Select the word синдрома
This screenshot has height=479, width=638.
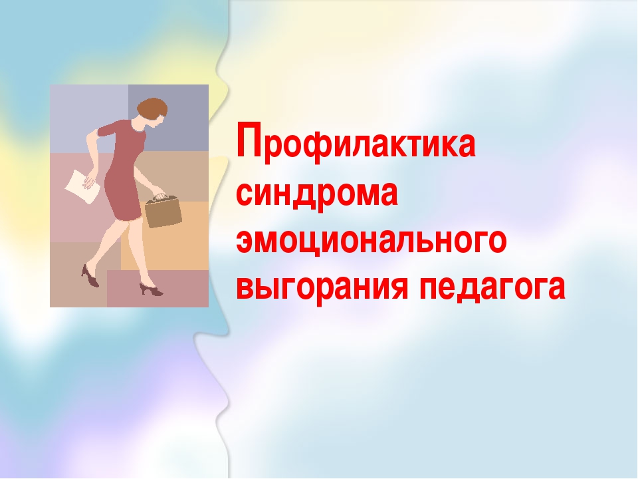click(x=317, y=194)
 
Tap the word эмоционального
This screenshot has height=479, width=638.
click(x=372, y=240)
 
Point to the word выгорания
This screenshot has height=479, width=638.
click(x=322, y=287)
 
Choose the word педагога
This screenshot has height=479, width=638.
click(x=492, y=287)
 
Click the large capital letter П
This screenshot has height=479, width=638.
click(x=249, y=139)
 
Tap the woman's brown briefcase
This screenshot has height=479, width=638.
click(x=163, y=211)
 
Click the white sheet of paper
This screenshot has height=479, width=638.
click(x=82, y=186)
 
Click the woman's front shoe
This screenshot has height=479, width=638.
click(x=152, y=289)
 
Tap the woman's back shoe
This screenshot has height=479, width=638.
click(x=90, y=276)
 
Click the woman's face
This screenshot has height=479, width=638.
click(x=158, y=121)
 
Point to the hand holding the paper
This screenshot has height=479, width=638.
click(x=89, y=182)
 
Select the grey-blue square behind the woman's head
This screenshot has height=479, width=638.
click(x=168, y=118)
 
